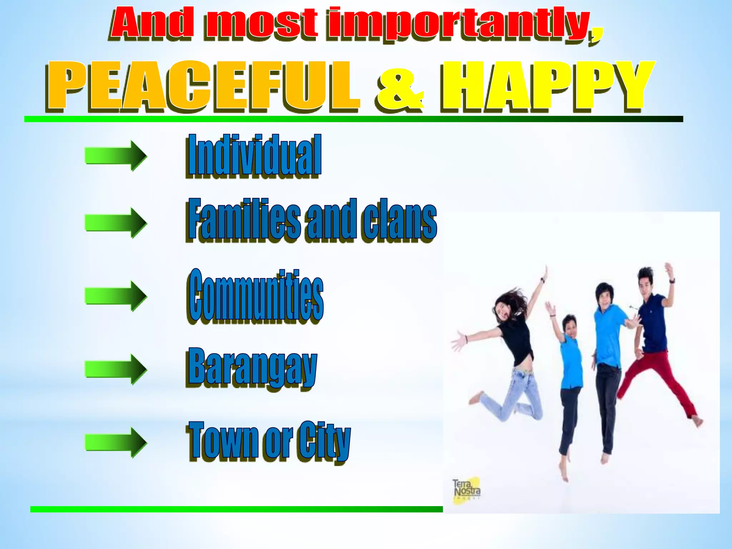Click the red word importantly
click(x=465, y=24)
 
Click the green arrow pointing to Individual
click(x=116, y=155)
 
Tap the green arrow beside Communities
click(x=116, y=296)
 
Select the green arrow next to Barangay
click(x=116, y=369)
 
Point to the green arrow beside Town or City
click(x=116, y=442)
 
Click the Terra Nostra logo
click(x=466, y=490)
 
